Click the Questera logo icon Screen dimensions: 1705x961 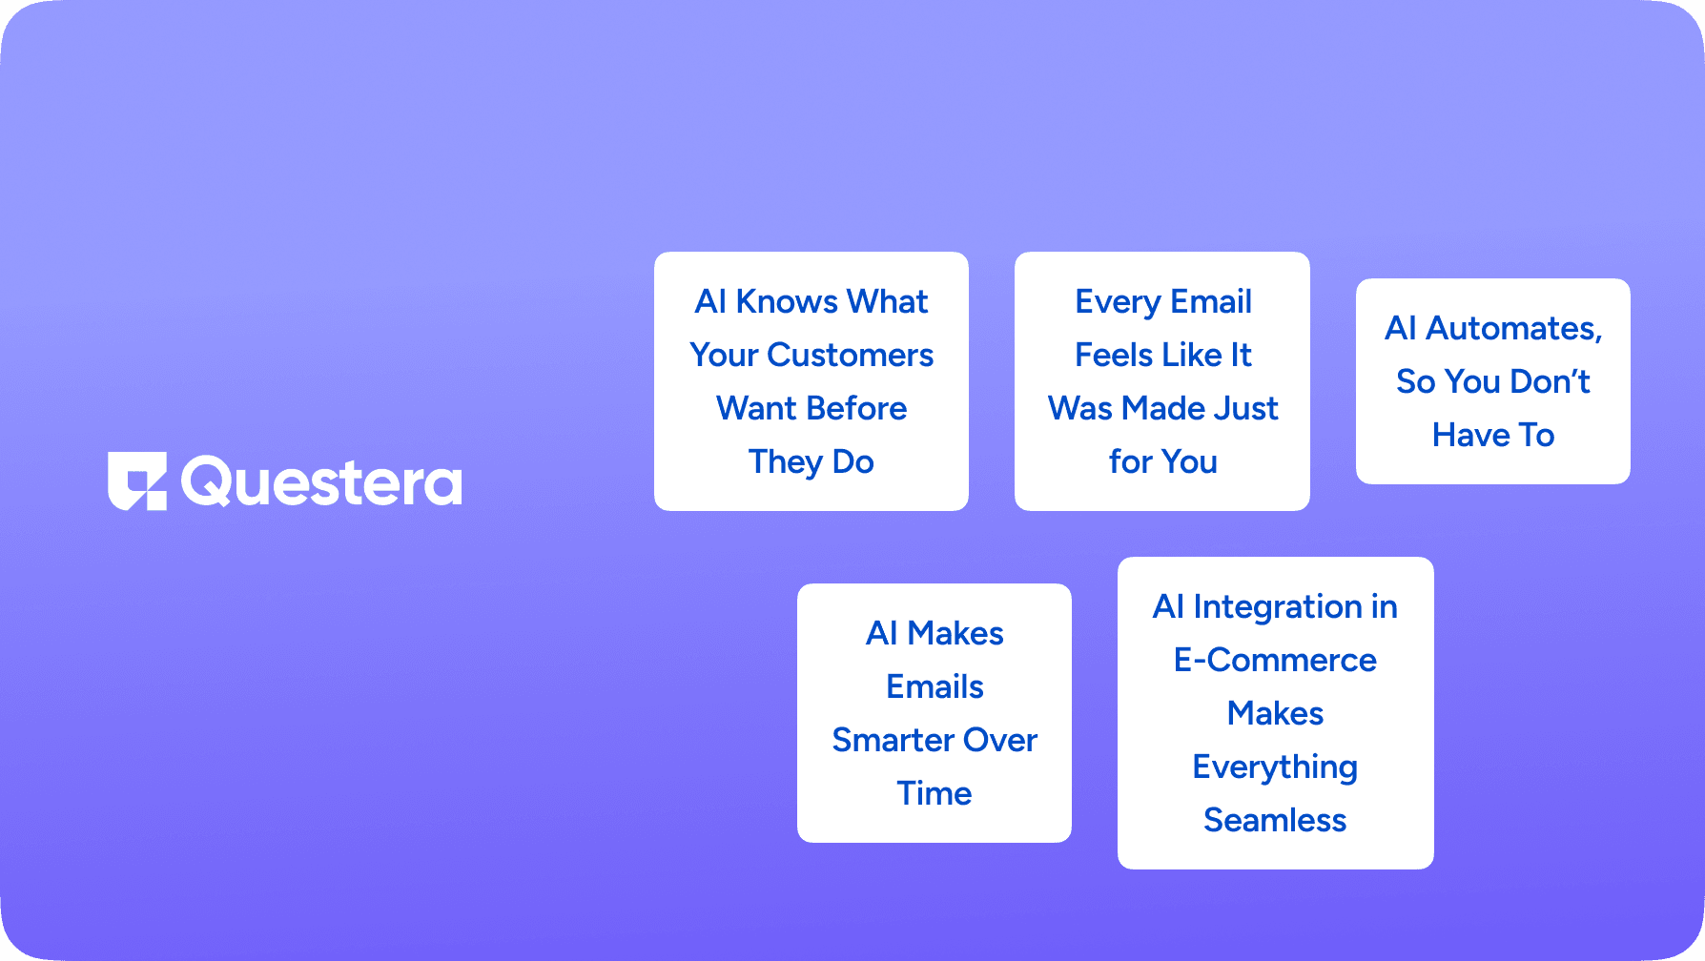tap(137, 480)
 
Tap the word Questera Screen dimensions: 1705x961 tap(321, 482)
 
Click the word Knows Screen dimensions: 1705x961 tap(787, 301)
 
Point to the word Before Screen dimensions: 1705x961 tap(858, 408)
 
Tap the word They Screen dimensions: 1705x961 tap(786, 462)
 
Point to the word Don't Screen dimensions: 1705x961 tap(1551, 381)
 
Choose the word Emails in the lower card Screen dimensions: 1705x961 tap(935, 686)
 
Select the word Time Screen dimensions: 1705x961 tap(935, 793)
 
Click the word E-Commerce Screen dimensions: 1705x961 tap(1275, 660)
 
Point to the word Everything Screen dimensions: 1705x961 tap(1275, 767)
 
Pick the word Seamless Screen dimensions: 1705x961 tap(1275, 820)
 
